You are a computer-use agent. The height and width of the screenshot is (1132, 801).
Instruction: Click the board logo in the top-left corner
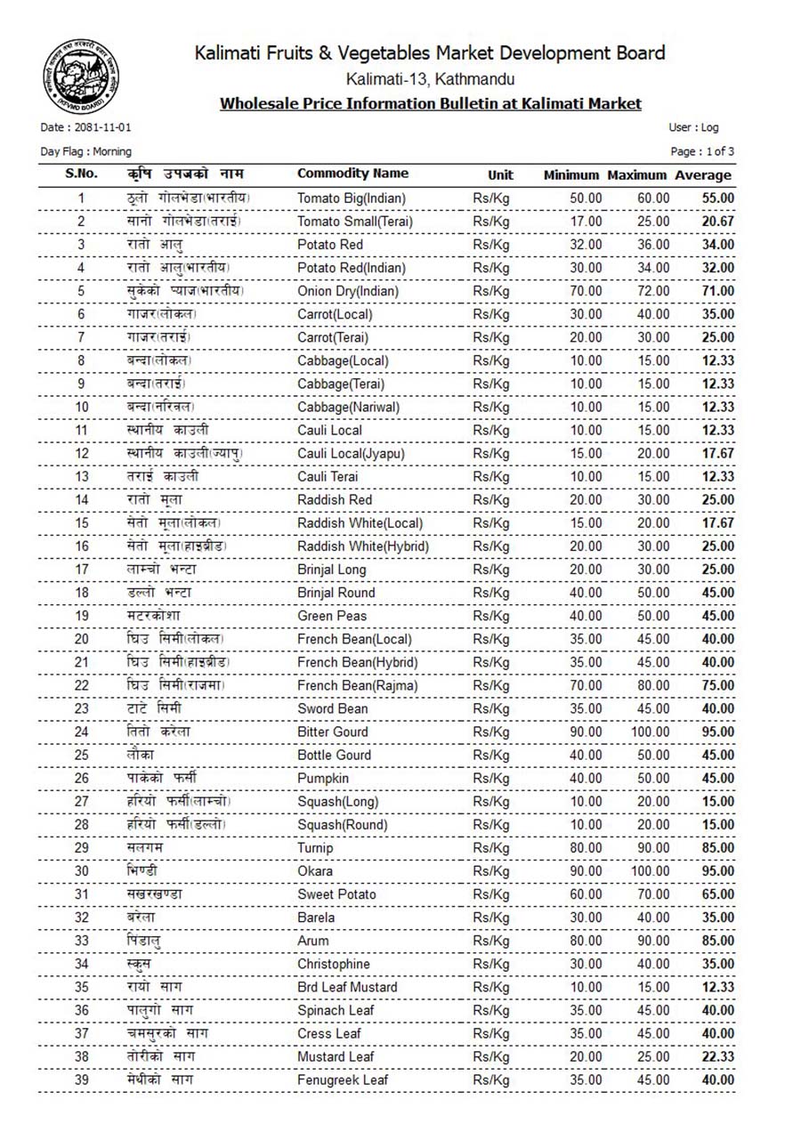click(77, 79)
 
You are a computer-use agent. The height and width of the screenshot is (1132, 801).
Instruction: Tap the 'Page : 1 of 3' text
click(702, 151)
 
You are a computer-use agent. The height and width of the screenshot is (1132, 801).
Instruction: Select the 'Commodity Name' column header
click(352, 174)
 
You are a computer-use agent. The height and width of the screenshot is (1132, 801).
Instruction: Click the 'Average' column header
click(703, 175)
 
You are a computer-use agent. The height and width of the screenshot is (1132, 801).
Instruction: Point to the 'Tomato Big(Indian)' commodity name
click(352, 198)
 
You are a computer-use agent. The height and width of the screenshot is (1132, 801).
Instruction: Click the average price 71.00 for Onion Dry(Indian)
click(717, 291)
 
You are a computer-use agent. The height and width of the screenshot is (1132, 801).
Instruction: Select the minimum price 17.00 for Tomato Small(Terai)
click(586, 221)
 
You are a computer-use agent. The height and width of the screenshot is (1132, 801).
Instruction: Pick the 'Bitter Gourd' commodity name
click(333, 732)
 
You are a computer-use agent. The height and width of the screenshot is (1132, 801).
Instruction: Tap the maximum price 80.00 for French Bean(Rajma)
click(653, 685)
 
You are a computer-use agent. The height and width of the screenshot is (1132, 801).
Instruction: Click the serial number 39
click(82, 1079)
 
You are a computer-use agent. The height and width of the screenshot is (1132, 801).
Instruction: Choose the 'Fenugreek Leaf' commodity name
click(343, 1079)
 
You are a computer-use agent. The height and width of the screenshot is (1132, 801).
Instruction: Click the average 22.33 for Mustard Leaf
click(717, 1056)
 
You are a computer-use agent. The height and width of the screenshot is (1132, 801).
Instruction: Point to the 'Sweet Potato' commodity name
click(336, 894)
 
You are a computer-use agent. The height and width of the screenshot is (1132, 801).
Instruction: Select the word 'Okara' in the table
click(316, 871)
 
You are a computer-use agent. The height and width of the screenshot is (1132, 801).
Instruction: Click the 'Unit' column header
click(500, 175)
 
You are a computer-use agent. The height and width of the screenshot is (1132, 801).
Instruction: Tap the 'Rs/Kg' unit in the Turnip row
click(491, 848)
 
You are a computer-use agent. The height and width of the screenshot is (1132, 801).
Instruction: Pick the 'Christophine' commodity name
click(334, 964)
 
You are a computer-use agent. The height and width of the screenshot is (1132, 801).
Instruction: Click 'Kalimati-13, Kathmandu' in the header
click(430, 80)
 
